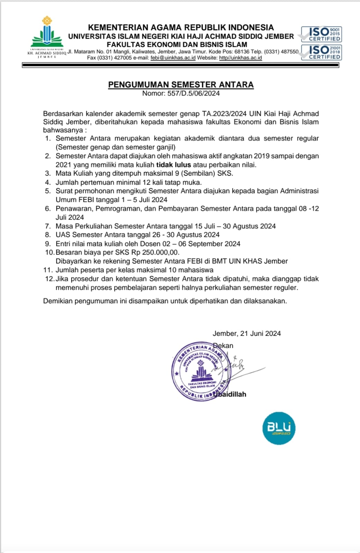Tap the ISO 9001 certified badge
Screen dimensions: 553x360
click(x=321, y=34)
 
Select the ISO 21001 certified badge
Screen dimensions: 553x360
click(x=321, y=52)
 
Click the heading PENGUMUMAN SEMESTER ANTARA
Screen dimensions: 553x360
click(x=181, y=85)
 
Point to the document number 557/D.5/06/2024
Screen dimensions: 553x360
click(x=194, y=93)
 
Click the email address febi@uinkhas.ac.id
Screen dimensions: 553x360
click(x=173, y=58)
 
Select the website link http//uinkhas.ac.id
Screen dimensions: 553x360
click(x=240, y=58)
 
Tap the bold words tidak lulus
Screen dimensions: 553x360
click(x=174, y=165)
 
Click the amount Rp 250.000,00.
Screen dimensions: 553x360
click(x=155, y=252)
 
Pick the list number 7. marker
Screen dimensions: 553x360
click(x=48, y=226)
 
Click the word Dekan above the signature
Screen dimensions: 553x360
click(x=223, y=345)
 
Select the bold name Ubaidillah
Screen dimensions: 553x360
click(x=231, y=394)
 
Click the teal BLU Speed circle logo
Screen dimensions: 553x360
click(x=279, y=428)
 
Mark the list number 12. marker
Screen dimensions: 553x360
click(x=49, y=279)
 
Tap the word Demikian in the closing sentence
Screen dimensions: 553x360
click(x=58, y=301)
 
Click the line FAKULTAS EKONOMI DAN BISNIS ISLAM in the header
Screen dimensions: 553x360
click(x=177, y=45)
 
